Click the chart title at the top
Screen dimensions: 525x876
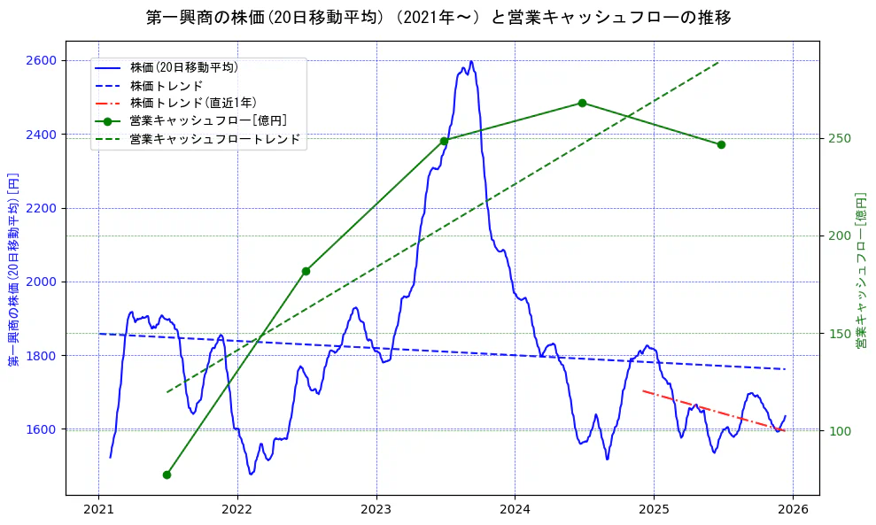(x=438, y=17)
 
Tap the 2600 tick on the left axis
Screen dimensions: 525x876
(x=43, y=60)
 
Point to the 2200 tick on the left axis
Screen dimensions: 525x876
(x=43, y=208)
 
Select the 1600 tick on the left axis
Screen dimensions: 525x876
(x=43, y=429)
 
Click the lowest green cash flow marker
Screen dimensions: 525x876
(x=167, y=475)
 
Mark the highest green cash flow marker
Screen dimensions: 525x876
(x=582, y=103)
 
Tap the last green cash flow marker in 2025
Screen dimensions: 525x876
(x=721, y=144)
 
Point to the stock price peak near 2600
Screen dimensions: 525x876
(x=471, y=62)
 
